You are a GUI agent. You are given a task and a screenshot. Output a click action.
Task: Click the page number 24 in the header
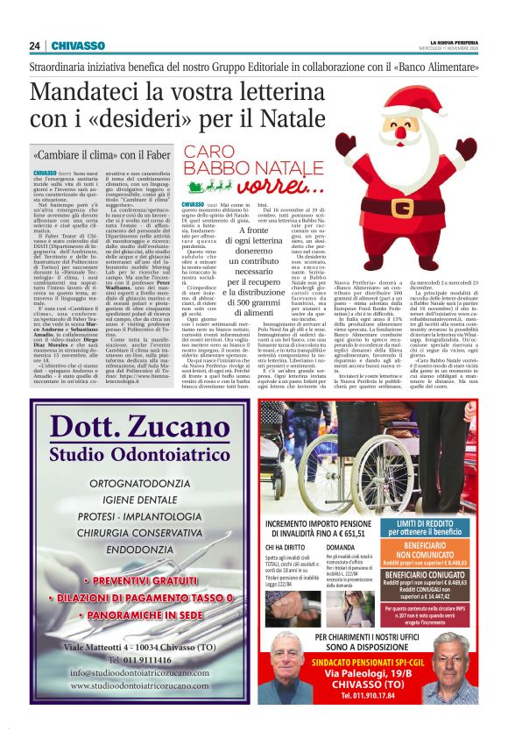(34, 46)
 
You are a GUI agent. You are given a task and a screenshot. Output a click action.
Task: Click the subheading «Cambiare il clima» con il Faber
(101, 154)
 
